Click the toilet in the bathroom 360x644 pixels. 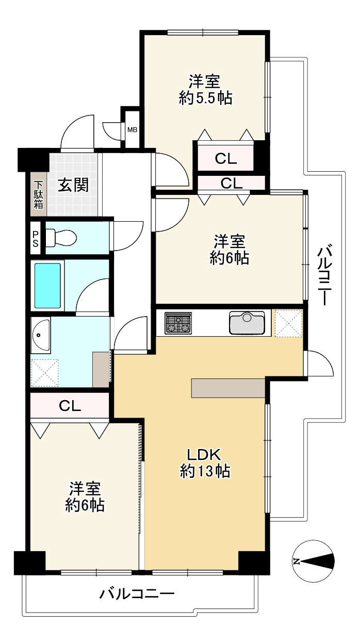60,238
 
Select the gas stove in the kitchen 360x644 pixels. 178,323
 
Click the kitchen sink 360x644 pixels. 247,323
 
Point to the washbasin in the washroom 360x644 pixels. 41,335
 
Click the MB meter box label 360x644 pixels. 133,129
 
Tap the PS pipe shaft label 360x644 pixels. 35,238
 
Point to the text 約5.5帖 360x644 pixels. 205,97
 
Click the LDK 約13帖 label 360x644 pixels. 204,463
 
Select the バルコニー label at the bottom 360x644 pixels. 137,594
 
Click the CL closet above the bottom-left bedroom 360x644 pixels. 70,406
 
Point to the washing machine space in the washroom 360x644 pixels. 45,372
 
